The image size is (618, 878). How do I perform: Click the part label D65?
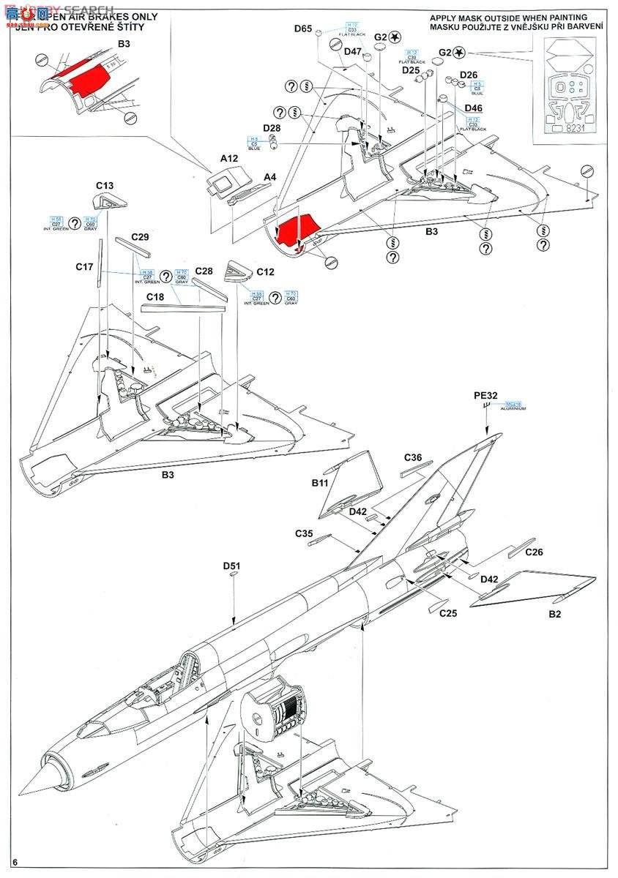pyautogui.click(x=303, y=29)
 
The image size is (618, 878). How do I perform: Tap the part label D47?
pyautogui.click(x=352, y=51)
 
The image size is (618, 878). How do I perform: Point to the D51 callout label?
pyautogui.click(x=232, y=566)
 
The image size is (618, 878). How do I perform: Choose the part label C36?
pyautogui.click(x=413, y=458)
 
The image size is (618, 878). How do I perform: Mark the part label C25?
pyautogui.click(x=448, y=613)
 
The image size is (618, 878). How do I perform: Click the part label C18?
pyautogui.click(x=154, y=296)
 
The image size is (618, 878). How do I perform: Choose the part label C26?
pyautogui.click(x=535, y=552)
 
